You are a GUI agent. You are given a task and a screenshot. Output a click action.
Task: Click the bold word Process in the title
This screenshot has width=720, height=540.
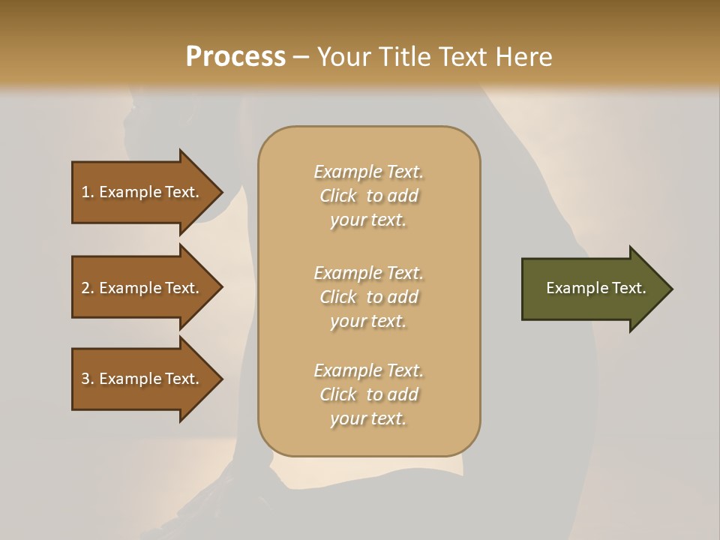[x=235, y=56]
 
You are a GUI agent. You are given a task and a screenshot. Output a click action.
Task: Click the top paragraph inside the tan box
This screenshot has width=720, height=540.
[x=368, y=196]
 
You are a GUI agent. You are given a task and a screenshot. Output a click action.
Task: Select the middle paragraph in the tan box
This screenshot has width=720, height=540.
[x=368, y=297]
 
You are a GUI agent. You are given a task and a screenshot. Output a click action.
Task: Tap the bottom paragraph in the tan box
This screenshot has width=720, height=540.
[x=368, y=394]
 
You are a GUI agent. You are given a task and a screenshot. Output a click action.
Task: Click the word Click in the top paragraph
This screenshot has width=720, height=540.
[x=338, y=196]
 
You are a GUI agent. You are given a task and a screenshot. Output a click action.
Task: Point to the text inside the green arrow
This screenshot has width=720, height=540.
[x=595, y=288]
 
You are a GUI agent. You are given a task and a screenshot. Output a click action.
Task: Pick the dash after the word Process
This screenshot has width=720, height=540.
[x=301, y=57]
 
